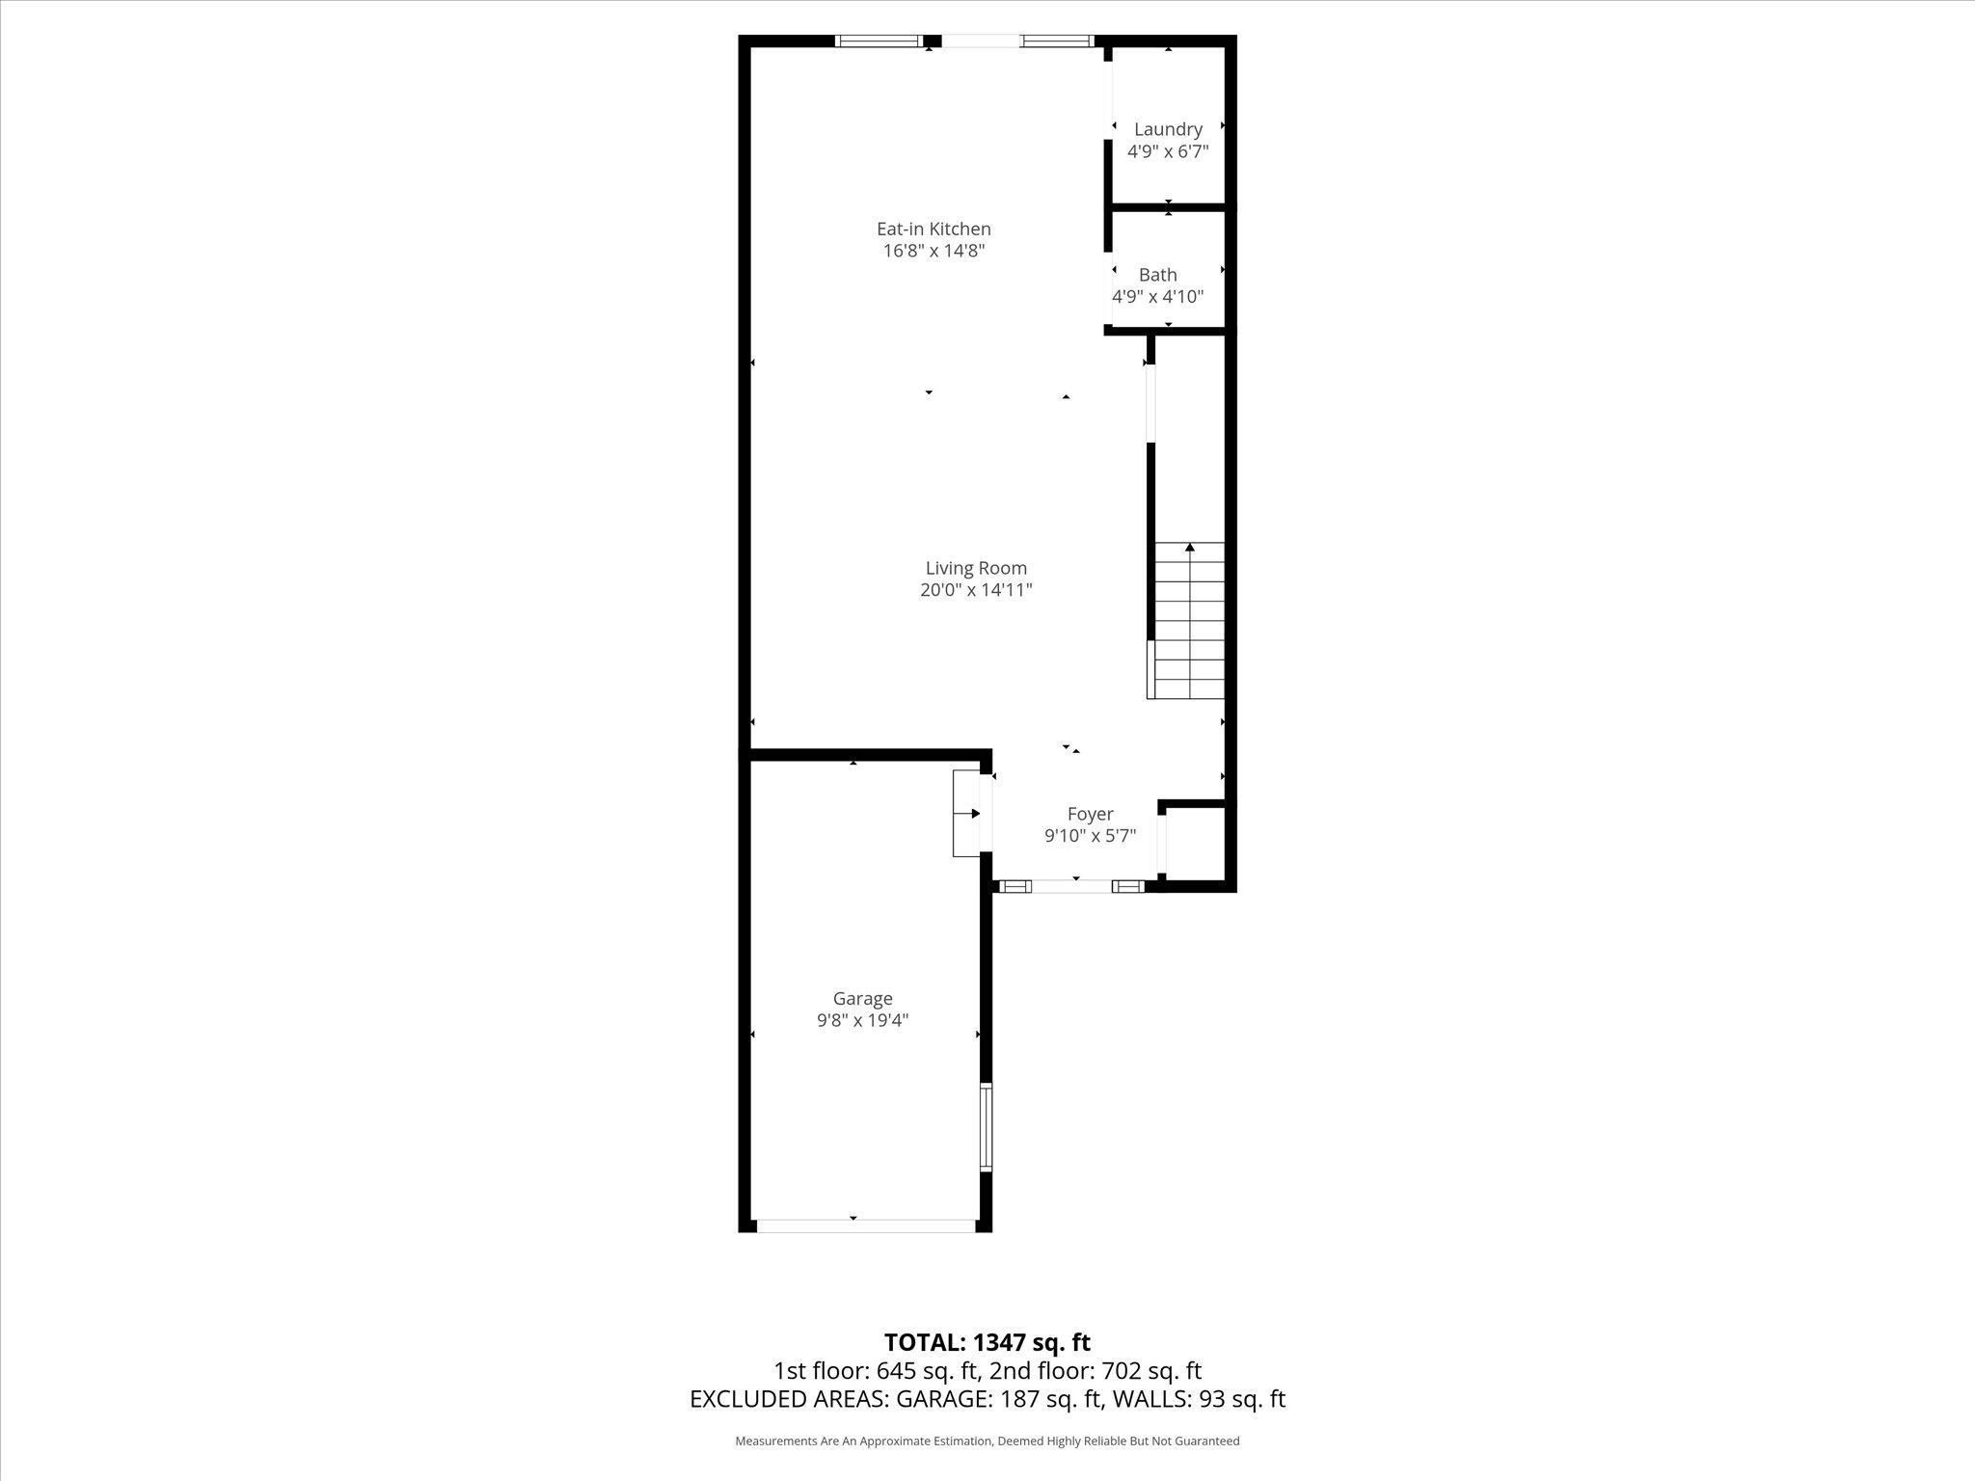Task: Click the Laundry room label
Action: (1167, 129)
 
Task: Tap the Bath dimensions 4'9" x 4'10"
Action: (1157, 297)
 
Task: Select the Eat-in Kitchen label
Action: (933, 229)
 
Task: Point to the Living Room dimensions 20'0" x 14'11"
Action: (976, 590)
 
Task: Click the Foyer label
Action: (1090, 815)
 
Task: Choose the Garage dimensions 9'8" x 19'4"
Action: (862, 1020)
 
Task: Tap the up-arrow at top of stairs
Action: (1189, 549)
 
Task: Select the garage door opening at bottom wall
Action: (865, 1225)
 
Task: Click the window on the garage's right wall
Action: (986, 1127)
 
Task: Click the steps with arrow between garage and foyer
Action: (966, 814)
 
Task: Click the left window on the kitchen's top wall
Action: (878, 41)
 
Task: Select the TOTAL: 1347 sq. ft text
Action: (987, 1342)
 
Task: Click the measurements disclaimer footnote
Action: (987, 1441)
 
